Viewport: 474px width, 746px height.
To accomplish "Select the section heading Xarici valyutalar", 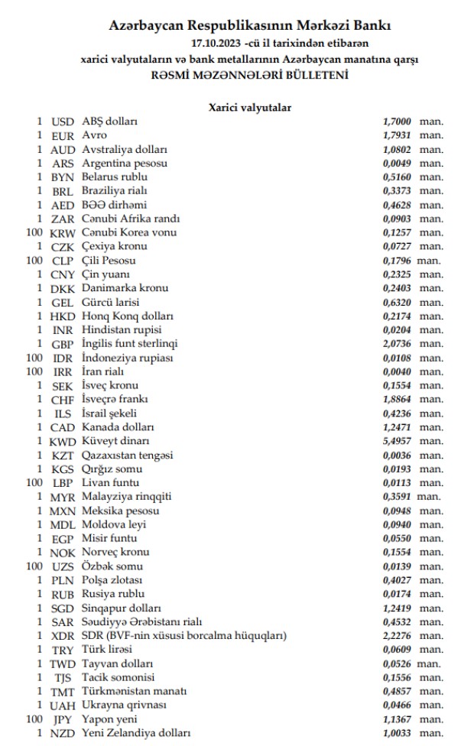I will pyautogui.click(x=250, y=108).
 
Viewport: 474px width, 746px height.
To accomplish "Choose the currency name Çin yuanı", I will pyautogui.click(x=106, y=274).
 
